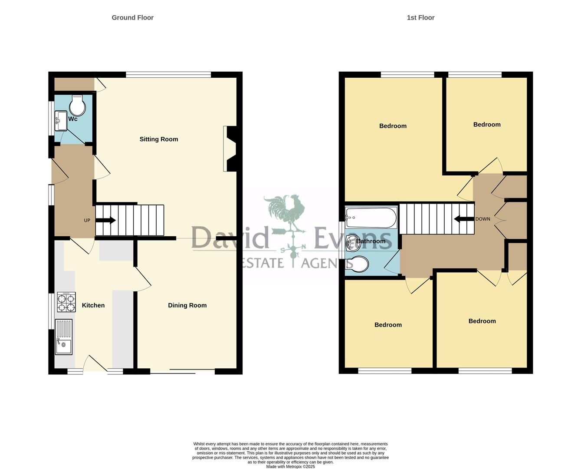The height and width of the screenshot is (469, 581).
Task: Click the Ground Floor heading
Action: coord(132,18)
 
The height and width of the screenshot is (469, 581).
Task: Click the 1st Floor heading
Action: coord(420,18)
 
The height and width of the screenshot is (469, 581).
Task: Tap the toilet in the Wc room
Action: coord(77,106)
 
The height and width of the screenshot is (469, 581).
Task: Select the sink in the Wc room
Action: coord(60,121)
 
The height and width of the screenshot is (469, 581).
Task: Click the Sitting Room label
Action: coord(158,139)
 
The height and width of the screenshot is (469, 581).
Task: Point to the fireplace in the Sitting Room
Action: coord(230,149)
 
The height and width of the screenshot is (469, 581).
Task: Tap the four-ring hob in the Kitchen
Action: coord(66,302)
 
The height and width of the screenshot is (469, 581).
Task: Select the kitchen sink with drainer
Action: coord(64,337)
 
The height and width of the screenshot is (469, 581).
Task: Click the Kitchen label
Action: coord(93,305)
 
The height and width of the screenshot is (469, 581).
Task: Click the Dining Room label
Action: coord(187,305)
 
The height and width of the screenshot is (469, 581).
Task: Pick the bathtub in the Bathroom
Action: coord(371,218)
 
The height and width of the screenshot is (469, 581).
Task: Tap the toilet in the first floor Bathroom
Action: coord(358,264)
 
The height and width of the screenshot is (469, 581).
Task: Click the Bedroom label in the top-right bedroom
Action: coord(486,125)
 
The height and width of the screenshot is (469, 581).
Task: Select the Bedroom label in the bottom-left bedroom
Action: coord(388,325)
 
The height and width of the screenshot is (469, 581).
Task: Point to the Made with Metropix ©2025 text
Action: coord(290,466)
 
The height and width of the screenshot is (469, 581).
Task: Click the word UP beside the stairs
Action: coord(87,221)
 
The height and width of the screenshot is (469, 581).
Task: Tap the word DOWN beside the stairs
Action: coord(483,219)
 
